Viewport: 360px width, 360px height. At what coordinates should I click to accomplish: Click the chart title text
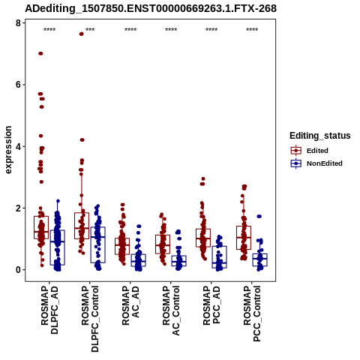coord(151,8)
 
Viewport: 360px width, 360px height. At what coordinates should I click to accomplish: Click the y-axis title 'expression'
coord(8,150)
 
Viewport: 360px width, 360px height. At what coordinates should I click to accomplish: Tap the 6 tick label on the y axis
coord(18,85)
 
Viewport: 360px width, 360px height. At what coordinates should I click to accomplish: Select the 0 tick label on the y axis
coord(18,270)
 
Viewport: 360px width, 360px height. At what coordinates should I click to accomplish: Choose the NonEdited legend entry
coord(316,163)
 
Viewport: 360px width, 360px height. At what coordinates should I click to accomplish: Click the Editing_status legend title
coord(320,136)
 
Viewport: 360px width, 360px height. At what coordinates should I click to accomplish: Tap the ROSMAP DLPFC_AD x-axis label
coord(49,310)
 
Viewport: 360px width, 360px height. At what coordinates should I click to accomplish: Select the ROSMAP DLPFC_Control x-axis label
coord(90,319)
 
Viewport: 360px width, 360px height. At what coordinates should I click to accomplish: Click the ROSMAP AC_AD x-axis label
coord(130,305)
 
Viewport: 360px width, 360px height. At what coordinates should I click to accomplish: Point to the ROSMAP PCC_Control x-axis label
coord(252,313)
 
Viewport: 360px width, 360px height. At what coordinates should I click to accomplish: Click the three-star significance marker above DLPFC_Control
coord(90,30)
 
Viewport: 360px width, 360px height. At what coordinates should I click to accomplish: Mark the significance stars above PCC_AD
coord(211,30)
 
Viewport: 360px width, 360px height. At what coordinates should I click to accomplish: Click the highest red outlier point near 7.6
coord(81,34)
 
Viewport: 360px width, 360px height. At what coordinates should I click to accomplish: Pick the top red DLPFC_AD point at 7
coord(40,53)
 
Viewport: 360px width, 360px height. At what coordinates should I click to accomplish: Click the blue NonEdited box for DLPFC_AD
coord(58,247)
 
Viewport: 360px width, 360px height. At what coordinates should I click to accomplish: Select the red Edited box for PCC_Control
coord(244,238)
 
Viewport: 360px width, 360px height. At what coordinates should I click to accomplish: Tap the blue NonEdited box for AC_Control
coord(179,261)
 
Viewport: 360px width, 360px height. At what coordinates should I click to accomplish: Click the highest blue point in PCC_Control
coord(259,216)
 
